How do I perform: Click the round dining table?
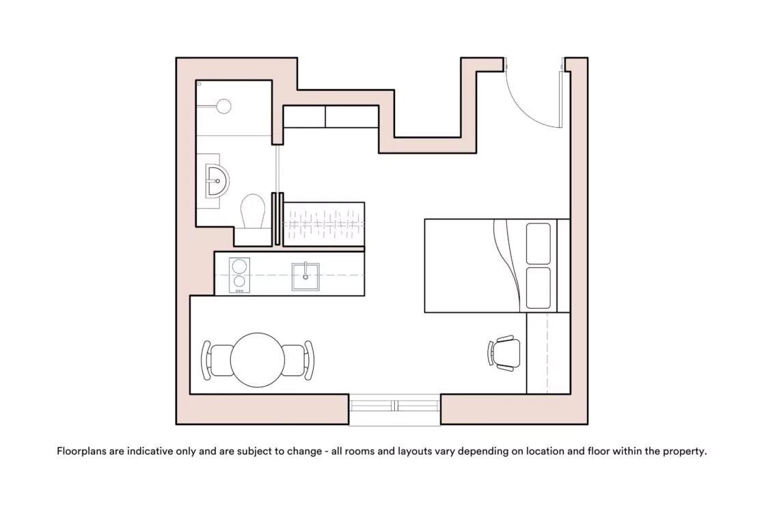coord(257,360)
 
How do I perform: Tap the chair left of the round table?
coord(216,360)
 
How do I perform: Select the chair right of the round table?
coord(299,360)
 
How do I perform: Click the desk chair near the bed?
coord(504,353)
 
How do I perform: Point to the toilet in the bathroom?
coord(253,211)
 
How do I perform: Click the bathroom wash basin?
coord(217,180)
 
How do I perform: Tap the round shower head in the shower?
coord(223,106)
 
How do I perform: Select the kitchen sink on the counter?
coord(305,277)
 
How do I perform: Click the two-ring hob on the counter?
coord(239,275)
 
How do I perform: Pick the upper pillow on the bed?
coord(538,243)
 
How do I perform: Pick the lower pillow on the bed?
coord(538,288)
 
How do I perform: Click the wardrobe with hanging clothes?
coord(323,224)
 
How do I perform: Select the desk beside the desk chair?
coord(548,353)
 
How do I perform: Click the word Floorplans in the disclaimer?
coord(81,451)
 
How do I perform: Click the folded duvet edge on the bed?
coord(507,266)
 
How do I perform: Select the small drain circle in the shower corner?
coord(200,84)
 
